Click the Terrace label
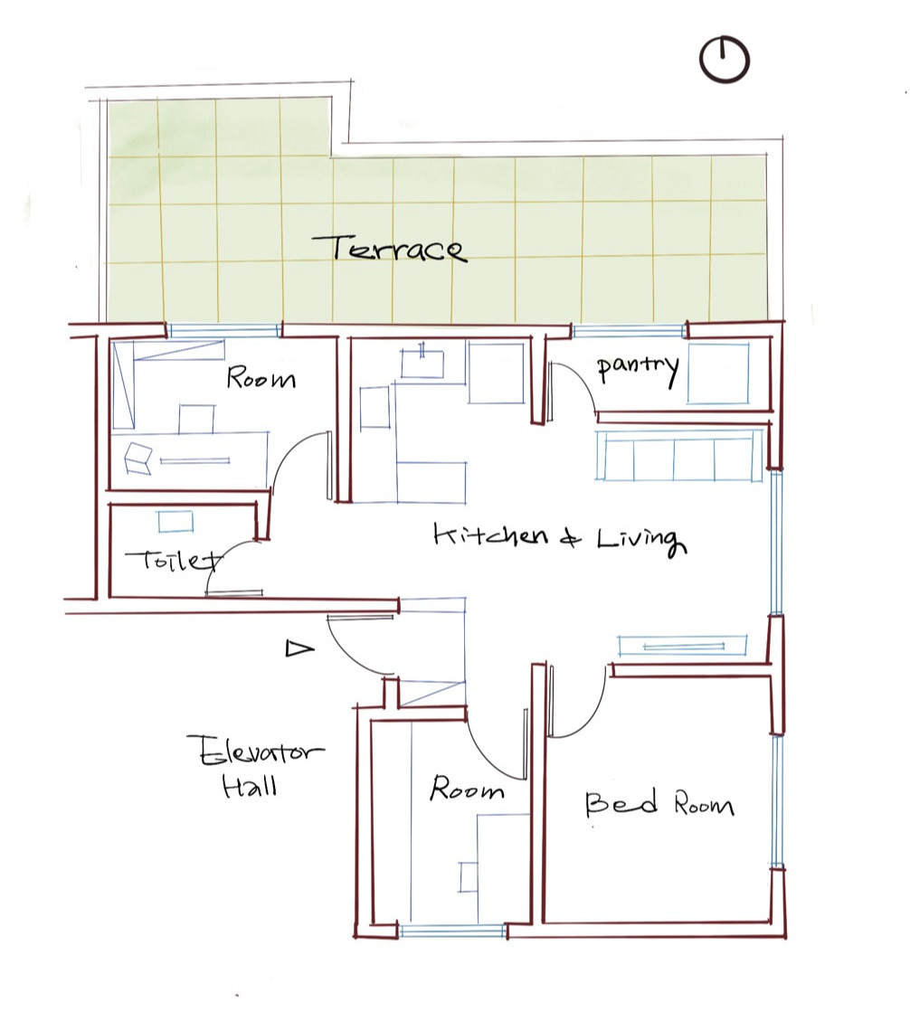389,249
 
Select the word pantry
638,368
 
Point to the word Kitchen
491,535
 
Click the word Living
640,540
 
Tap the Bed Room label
659,803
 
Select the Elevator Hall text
256,767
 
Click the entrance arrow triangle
299,648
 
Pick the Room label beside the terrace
261,378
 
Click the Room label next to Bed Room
466,789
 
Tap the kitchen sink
422,364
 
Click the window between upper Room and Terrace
224,331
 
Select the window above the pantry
629,332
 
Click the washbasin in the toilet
175,522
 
